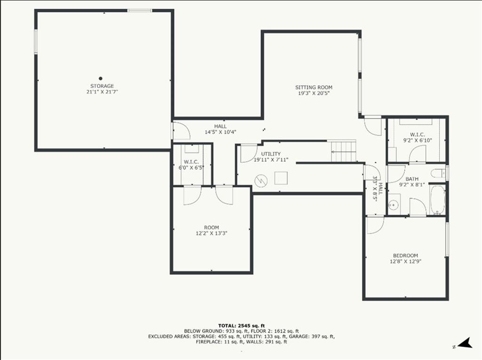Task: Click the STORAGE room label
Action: (x=102, y=86)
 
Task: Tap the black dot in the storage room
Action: (x=101, y=79)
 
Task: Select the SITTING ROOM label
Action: (x=314, y=88)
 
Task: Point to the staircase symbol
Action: (x=344, y=151)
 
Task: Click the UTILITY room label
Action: (x=271, y=154)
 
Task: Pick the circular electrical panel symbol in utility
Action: (x=261, y=180)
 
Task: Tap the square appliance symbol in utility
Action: (x=281, y=178)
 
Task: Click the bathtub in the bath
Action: (x=437, y=200)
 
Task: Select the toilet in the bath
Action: (x=438, y=173)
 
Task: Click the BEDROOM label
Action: (x=405, y=256)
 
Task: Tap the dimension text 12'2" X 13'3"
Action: (x=211, y=233)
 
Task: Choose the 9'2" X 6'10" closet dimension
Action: (x=418, y=140)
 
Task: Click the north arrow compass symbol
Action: (x=465, y=343)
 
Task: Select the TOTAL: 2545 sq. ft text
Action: (x=241, y=326)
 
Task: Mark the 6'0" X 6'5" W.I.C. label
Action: (x=191, y=165)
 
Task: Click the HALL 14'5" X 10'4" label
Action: (x=220, y=129)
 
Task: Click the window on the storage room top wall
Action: (x=139, y=10)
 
